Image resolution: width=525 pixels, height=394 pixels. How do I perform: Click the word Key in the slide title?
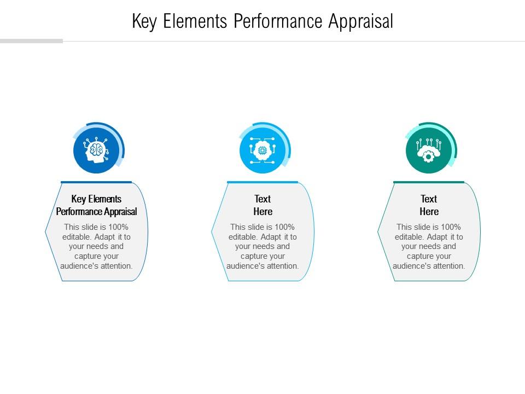[144, 21]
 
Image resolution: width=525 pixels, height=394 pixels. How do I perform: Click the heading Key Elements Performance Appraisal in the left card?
[96, 205]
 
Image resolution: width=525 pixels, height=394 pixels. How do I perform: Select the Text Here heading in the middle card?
[262, 205]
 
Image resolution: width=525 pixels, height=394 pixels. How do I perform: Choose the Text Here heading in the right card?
[429, 205]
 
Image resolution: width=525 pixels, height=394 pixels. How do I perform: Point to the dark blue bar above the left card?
[96, 182]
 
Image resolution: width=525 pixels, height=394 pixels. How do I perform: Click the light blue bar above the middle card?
[262, 182]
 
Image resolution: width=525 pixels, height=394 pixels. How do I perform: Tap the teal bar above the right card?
[429, 182]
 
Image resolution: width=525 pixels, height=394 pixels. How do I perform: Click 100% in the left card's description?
[118, 227]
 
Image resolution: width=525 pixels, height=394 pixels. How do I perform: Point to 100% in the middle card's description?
[284, 227]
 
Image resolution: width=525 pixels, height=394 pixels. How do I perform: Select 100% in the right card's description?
[450, 227]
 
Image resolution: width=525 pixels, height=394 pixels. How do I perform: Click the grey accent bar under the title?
[31, 41]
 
